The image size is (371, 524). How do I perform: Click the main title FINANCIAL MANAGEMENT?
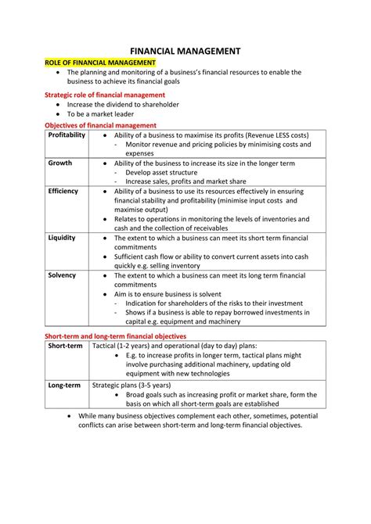point(185,49)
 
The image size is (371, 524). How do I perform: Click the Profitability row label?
point(67,135)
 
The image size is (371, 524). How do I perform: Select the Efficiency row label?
point(63,191)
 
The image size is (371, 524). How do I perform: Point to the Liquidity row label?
point(62,238)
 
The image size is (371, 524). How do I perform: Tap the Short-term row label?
point(65,345)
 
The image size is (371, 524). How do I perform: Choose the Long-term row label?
point(64,385)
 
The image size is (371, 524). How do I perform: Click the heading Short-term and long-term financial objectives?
point(115,336)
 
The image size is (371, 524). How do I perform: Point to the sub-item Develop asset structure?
point(165,172)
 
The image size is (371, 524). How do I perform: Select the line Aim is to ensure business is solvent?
point(178,294)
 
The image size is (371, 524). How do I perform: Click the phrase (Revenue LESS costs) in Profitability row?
point(265,135)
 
